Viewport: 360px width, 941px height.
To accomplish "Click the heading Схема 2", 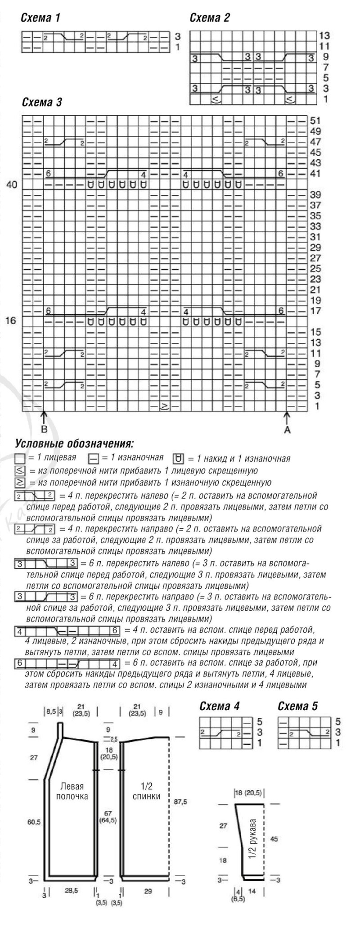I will point(210,18).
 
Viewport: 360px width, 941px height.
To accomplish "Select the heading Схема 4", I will point(219,706).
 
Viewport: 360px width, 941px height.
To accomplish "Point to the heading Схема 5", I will point(298,706).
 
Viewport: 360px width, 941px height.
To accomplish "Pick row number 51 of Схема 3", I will point(315,121).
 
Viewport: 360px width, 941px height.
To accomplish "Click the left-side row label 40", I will point(11,185).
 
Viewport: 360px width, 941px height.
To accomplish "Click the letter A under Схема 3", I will point(288,430).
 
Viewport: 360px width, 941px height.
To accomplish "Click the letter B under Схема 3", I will point(44,430).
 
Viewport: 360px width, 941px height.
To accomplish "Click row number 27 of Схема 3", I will point(315,258).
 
